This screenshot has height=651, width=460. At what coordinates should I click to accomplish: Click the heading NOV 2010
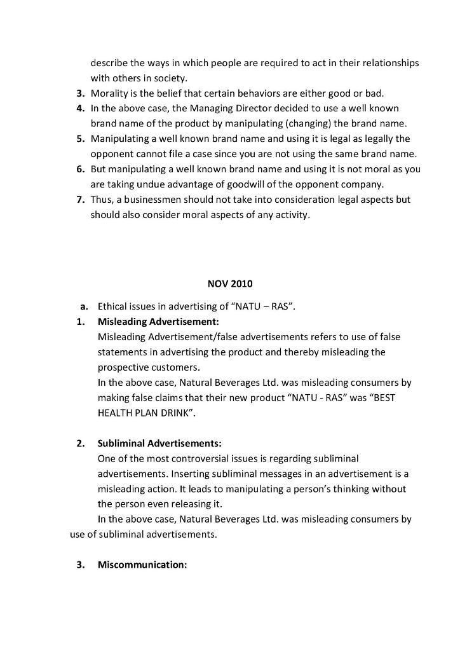click(229, 284)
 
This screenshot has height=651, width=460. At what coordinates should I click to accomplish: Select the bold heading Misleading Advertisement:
click(158, 321)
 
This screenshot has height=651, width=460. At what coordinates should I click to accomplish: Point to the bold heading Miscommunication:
click(142, 565)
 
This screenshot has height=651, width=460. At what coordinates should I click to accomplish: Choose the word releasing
click(198, 504)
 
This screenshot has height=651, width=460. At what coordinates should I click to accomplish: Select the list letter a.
click(84, 306)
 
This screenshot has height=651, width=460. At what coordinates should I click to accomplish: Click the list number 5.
click(81, 139)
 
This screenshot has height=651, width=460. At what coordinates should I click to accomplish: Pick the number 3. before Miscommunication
click(81, 565)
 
